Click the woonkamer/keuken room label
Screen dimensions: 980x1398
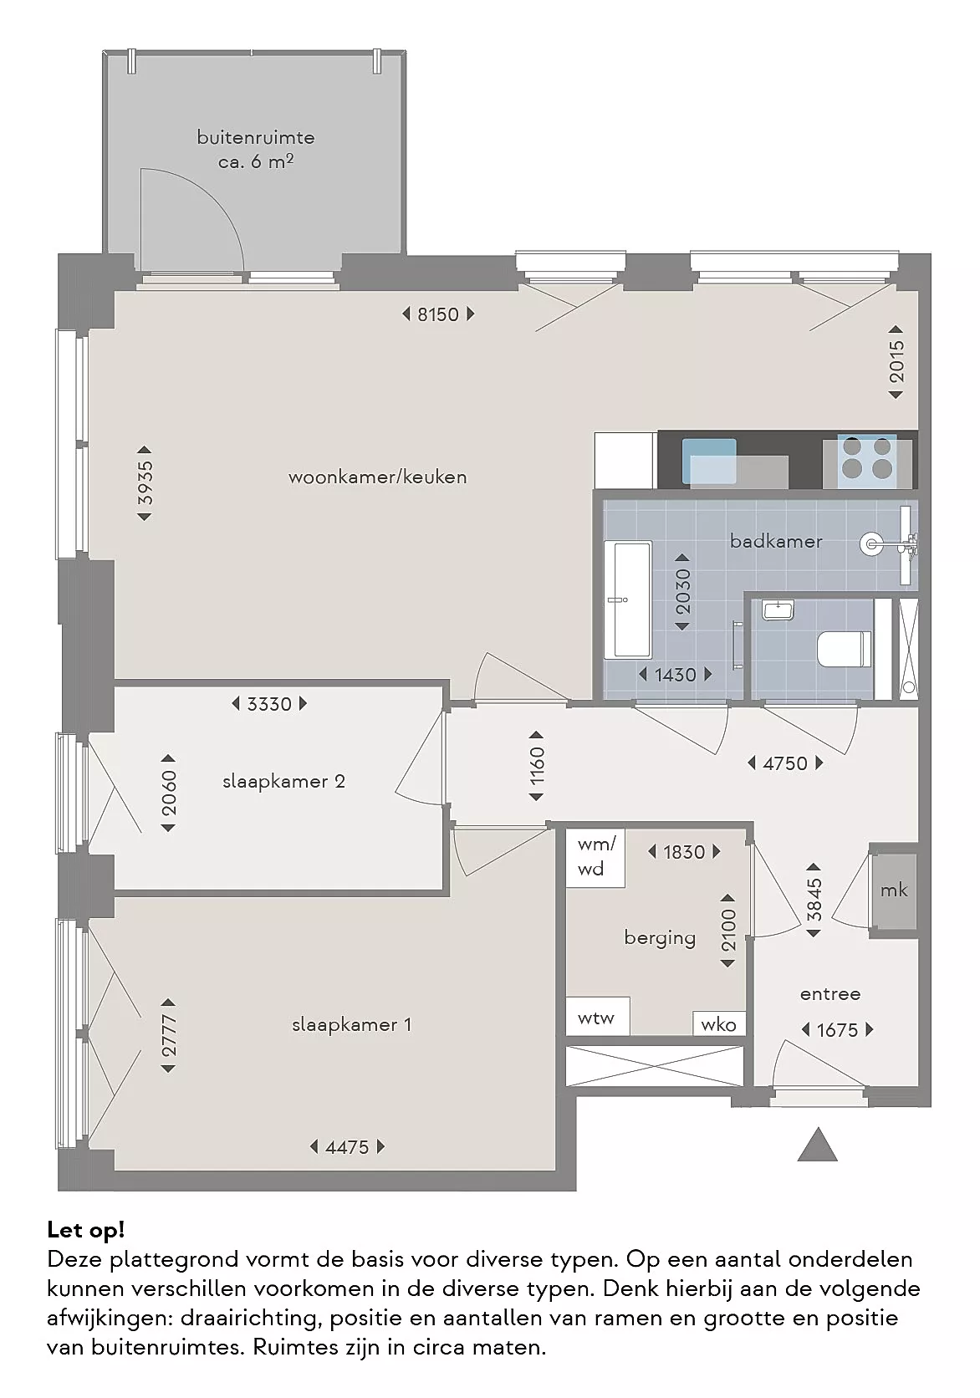(377, 477)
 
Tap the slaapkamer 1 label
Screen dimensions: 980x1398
(351, 1025)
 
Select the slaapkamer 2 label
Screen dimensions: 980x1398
(283, 782)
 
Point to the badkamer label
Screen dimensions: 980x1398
(776, 541)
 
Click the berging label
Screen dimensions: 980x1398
(660, 938)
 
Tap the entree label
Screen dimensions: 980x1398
(830, 993)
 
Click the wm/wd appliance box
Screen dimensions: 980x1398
(595, 858)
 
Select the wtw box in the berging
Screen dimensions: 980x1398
(597, 1018)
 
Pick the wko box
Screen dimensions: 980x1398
(718, 1024)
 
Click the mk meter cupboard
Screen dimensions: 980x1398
(894, 890)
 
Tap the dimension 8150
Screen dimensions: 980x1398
(437, 314)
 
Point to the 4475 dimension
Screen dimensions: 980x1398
(347, 1147)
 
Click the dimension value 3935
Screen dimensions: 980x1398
(144, 483)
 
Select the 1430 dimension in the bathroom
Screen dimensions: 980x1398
(675, 675)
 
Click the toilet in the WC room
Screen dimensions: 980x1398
(844, 648)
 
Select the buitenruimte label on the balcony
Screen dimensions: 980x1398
(256, 137)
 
